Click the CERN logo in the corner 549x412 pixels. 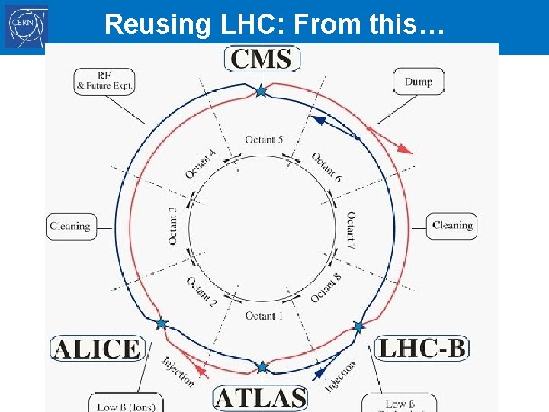[26, 27]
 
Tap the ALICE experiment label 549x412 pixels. [96, 349]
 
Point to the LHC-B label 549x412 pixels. [422, 349]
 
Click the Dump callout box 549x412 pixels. [419, 82]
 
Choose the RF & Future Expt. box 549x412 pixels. [104, 82]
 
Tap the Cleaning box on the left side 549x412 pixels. [70, 227]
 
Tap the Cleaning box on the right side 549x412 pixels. [451, 226]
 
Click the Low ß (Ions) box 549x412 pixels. [125, 405]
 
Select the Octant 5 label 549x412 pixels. [264, 140]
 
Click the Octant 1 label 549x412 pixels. [264, 316]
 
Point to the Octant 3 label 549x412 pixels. [173, 227]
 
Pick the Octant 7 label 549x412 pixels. [351, 230]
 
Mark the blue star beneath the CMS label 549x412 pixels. [261, 92]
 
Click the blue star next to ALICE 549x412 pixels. [161, 323]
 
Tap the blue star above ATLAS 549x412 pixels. [262, 368]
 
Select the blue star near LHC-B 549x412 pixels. [359, 327]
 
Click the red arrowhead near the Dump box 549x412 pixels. [407, 150]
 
